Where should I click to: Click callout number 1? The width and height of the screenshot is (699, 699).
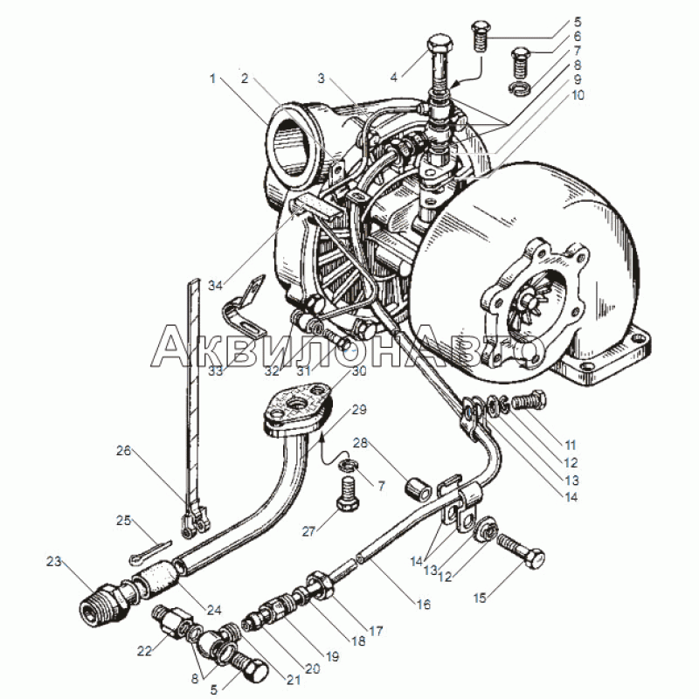click(x=212, y=79)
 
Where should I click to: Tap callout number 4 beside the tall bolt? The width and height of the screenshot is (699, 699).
click(x=394, y=78)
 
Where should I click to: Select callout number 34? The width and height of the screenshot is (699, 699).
click(x=215, y=286)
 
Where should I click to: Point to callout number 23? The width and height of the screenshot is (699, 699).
click(x=54, y=561)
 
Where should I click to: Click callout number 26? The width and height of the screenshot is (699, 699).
click(x=123, y=451)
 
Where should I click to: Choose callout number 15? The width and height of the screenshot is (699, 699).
click(x=480, y=598)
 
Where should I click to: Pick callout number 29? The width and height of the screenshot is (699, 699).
click(x=359, y=409)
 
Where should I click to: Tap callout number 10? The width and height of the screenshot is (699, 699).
click(x=578, y=95)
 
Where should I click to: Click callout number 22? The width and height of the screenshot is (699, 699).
click(x=144, y=651)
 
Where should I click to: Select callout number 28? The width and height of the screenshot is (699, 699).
click(x=361, y=443)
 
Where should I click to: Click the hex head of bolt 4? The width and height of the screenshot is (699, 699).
click(x=441, y=45)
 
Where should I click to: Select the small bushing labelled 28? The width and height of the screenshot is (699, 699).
click(x=418, y=489)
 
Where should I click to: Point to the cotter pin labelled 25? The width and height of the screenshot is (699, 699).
click(x=151, y=550)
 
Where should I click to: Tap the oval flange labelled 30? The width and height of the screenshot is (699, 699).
click(x=297, y=407)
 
